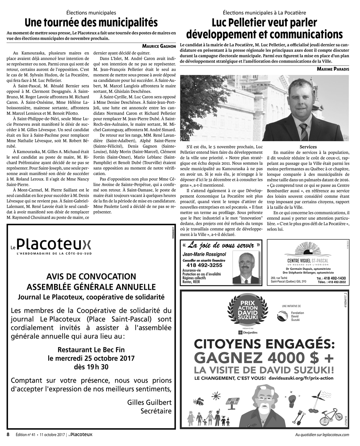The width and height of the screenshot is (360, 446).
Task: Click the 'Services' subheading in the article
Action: coord(308,147)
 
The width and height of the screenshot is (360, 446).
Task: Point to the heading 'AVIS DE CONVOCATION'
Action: coord(91,277)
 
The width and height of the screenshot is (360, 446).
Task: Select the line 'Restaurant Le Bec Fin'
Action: coord(91,349)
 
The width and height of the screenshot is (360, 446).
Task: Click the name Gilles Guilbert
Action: coord(149,402)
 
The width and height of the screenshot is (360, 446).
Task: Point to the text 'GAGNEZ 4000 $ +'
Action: coord(264,358)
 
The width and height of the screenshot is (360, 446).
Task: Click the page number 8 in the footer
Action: coord(8,434)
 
